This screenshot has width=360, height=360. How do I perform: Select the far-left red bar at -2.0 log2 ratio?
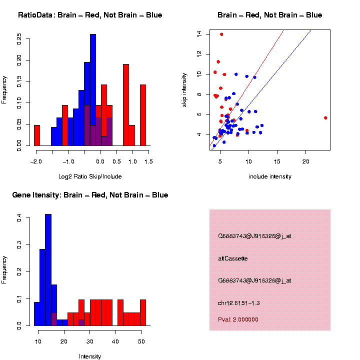[37, 135]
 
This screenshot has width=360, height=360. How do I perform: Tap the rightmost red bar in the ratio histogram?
[143, 115]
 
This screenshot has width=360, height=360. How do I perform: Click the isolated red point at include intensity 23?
[325, 118]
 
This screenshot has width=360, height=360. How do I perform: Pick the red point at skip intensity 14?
[221, 34]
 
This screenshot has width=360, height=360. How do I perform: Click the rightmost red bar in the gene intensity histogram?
[143, 312]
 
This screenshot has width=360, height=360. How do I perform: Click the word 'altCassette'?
[233, 258]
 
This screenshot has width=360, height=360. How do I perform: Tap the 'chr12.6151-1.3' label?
[239, 303]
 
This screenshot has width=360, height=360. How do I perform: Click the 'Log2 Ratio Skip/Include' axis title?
[90, 176]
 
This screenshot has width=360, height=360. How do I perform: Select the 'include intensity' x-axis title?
[269, 176]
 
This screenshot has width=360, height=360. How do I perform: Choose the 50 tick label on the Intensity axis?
[141, 341]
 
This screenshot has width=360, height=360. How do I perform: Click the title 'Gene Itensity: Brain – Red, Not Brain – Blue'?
[90, 195]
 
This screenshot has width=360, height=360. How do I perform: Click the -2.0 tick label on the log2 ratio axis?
[35, 162]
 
